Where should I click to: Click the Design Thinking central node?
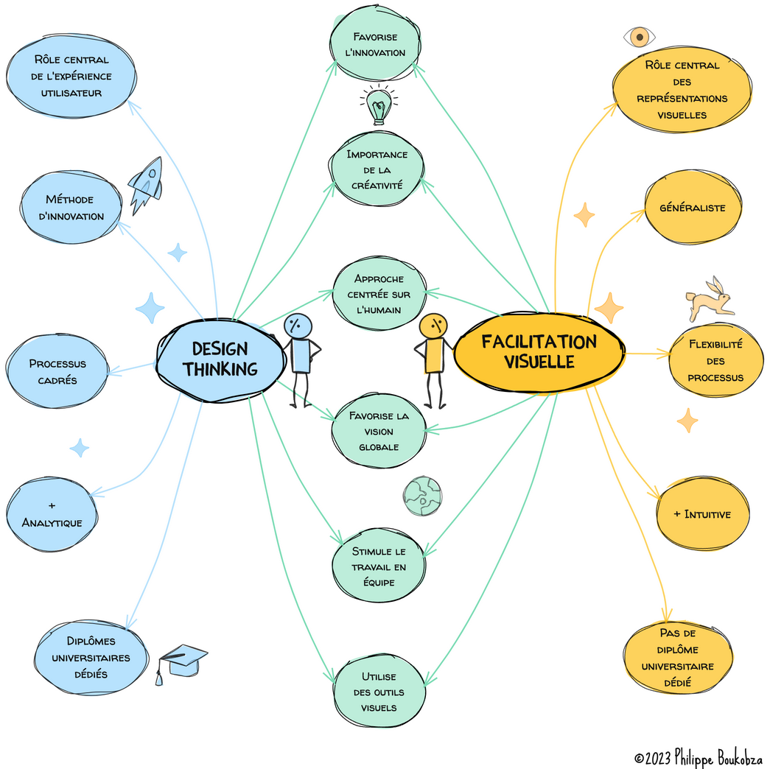tap(220, 359)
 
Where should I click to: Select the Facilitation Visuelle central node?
tap(539, 352)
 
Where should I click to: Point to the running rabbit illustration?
tap(710, 298)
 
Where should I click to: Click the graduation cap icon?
tap(181, 662)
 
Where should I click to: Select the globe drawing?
tap(422, 496)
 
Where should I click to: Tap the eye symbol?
tap(639, 36)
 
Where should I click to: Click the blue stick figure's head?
tap(298, 325)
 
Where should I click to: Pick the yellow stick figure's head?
tap(433, 325)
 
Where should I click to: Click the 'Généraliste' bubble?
tap(692, 208)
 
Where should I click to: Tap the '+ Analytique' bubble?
tap(52, 514)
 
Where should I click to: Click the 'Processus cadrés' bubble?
tap(57, 371)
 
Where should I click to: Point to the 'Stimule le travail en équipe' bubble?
tap(379, 566)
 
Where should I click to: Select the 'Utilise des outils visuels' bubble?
tap(379, 692)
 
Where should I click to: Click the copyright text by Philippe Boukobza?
tap(698, 756)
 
